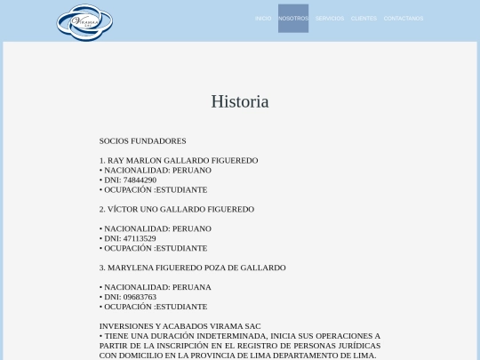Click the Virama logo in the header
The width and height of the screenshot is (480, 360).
84,22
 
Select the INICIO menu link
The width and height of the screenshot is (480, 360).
263,19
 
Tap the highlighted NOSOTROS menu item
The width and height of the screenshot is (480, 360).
293,19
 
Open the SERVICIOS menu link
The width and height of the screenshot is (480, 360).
330,19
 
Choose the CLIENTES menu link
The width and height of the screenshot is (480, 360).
364,19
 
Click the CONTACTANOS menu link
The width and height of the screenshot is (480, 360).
404,19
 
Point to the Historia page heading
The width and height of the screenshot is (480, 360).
240,101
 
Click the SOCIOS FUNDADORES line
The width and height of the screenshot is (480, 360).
142,141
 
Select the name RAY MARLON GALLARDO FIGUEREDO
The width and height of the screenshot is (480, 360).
182,161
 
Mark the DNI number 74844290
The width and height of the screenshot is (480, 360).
140,180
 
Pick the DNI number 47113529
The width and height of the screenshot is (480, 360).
140,239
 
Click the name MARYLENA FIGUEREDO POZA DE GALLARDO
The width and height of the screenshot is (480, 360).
196,268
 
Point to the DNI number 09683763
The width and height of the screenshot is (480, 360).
140,297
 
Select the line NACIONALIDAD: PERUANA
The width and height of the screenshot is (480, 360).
156,287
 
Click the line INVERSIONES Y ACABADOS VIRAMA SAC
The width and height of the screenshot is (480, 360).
180,326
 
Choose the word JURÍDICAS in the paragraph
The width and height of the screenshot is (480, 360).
358,346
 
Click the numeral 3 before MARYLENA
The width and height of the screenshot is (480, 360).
101,268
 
